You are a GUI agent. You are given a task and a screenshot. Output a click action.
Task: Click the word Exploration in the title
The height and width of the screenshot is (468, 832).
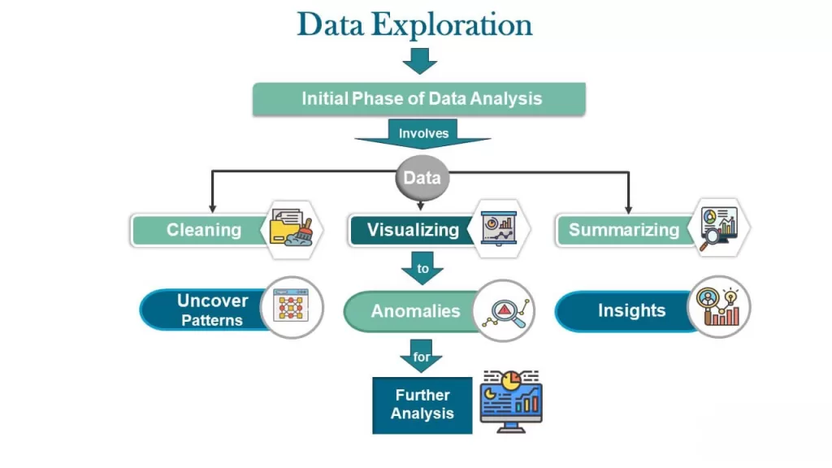pos(452,24)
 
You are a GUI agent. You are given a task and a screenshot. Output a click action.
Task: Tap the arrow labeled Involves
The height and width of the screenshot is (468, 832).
pos(422,134)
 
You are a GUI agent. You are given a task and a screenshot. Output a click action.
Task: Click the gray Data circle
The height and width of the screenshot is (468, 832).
pos(422,179)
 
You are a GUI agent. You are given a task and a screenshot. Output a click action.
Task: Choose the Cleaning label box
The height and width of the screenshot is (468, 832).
pos(203,230)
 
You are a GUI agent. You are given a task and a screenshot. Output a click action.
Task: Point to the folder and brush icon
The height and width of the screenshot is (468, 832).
pos(291,227)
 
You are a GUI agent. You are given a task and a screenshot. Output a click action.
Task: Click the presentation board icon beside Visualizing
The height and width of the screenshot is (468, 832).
pos(498,227)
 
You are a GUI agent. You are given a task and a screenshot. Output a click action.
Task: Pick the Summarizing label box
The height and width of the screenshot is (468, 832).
pos(623,230)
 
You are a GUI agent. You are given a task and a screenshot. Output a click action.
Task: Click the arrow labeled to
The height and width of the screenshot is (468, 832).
pos(422,268)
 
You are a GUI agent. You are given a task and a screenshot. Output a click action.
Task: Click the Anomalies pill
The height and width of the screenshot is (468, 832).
pos(414,311)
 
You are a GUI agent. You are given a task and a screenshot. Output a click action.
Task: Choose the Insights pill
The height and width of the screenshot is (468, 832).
pos(630,310)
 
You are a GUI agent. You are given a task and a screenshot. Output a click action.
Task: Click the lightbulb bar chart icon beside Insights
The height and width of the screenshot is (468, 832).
pos(718,307)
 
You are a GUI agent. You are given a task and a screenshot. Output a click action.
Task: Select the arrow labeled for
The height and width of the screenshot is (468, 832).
pos(422,357)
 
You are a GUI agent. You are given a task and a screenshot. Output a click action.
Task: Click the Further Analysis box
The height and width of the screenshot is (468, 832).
pos(422,404)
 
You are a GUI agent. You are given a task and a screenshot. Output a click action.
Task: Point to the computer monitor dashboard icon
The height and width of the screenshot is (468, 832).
pos(510,401)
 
